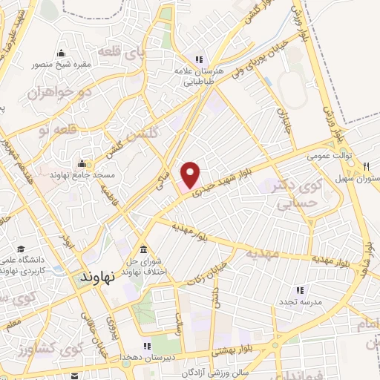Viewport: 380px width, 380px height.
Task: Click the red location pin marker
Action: pos(191,175)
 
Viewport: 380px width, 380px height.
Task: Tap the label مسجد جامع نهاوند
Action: pos(82,174)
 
